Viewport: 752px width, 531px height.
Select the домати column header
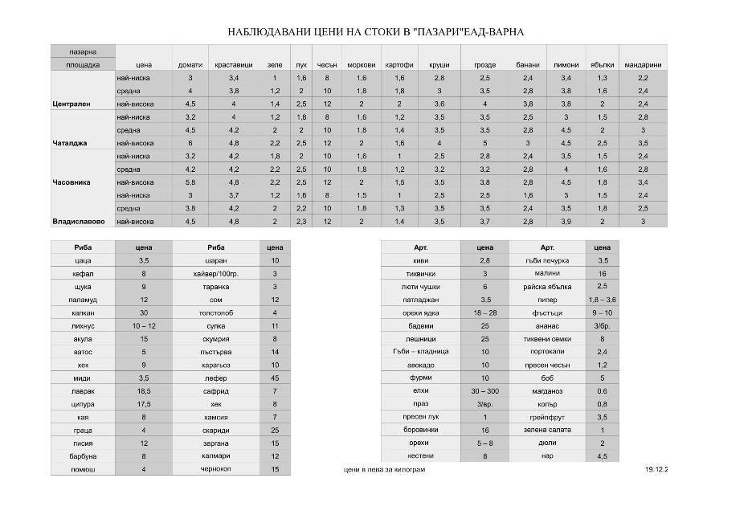(x=190, y=65)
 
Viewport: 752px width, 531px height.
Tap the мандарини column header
(x=643, y=65)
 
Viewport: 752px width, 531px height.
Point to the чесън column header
(x=327, y=65)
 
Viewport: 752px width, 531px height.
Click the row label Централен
(x=71, y=104)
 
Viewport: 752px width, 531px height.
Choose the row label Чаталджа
(x=70, y=143)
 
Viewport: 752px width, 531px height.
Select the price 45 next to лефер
(x=275, y=378)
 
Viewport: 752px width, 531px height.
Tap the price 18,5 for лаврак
(x=144, y=390)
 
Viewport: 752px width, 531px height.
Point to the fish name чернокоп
(x=215, y=469)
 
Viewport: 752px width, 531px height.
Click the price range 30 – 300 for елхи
(x=485, y=390)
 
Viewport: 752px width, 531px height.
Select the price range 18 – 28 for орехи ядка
(x=485, y=312)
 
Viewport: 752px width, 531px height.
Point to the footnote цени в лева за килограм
(x=384, y=469)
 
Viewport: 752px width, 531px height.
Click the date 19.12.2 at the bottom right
(x=656, y=469)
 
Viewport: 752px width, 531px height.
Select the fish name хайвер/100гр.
(x=215, y=273)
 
